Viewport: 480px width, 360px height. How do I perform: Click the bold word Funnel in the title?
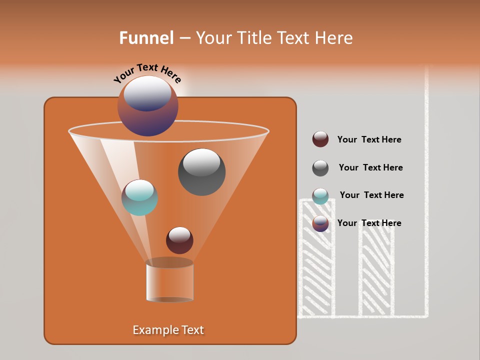(x=146, y=38)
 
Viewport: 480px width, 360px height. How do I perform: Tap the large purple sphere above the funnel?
(x=147, y=105)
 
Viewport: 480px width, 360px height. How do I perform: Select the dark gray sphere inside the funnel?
(x=201, y=172)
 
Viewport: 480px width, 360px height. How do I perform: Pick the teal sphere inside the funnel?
(x=139, y=197)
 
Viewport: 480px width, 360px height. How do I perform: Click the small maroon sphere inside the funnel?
(x=179, y=240)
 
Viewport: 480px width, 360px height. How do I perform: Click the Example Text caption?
(x=168, y=330)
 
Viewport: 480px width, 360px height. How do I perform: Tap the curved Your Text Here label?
(x=147, y=73)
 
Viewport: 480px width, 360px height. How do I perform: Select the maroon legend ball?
(x=320, y=139)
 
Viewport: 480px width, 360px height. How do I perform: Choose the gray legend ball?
(x=320, y=168)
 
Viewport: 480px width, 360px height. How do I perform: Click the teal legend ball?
(x=320, y=195)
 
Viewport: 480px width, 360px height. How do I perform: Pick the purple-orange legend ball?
(x=320, y=223)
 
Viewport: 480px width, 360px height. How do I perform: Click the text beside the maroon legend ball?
(x=369, y=140)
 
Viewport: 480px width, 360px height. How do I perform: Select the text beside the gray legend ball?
(x=370, y=168)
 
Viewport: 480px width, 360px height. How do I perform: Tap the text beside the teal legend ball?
(x=371, y=195)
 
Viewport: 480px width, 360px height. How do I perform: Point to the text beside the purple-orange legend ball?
(x=369, y=223)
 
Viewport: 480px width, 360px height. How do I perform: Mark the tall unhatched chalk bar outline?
(x=427, y=190)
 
